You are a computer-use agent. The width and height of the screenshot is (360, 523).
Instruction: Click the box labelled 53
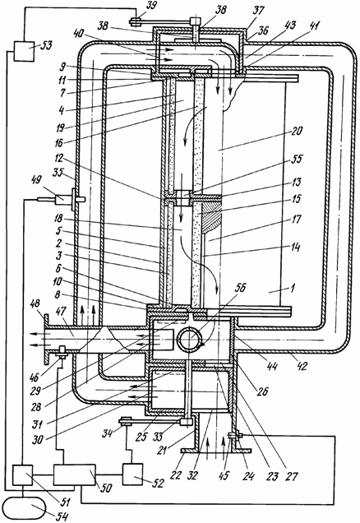[24, 51]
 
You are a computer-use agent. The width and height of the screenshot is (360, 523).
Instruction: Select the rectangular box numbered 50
[74, 474]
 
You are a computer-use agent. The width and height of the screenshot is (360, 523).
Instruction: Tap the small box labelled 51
[23, 475]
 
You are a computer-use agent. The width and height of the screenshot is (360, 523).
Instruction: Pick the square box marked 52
[132, 474]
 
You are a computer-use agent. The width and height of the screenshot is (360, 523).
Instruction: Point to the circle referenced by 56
[190, 340]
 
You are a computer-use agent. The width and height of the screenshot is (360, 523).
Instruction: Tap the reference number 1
[291, 288]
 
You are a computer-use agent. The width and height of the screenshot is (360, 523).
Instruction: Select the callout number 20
[297, 130]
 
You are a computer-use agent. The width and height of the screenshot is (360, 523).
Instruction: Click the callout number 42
[302, 366]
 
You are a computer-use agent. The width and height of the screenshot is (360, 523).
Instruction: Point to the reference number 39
[152, 7]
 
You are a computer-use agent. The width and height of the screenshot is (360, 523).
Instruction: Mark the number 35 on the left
[58, 174]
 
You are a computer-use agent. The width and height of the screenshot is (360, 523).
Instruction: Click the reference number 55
[296, 159]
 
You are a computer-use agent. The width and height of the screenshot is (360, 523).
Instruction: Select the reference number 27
[291, 476]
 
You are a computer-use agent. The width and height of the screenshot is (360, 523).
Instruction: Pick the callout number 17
[296, 219]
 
